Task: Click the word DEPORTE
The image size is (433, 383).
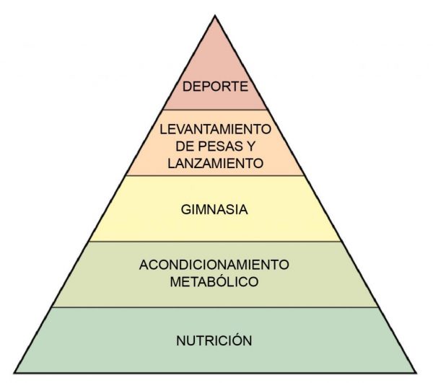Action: [x=215, y=87]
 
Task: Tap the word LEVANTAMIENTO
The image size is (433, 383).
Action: [x=215, y=129]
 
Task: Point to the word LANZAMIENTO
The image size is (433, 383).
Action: [x=215, y=163]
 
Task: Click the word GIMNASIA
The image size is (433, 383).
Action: [x=214, y=210]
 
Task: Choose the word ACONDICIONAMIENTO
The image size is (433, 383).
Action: [x=214, y=265]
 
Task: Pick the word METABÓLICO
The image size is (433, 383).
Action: [x=214, y=282]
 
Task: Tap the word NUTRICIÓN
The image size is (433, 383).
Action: [x=214, y=340]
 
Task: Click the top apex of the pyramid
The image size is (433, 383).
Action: [x=215, y=17]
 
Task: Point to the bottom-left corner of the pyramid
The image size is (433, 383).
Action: [x=15, y=372]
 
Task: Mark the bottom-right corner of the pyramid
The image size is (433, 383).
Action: [x=415, y=372]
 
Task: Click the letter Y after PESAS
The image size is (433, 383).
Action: [x=250, y=146]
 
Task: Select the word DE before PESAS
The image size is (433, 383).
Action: [x=185, y=146]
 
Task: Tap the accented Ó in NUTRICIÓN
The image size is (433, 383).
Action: [x=237, y=340]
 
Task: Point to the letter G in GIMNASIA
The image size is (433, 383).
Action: [x=186, y=210]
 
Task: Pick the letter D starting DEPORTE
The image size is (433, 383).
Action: [x=187, y=87]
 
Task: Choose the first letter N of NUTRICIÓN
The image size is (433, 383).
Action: [x=181, y=340]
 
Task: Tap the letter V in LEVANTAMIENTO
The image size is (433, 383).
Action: [x=181, y=129]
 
